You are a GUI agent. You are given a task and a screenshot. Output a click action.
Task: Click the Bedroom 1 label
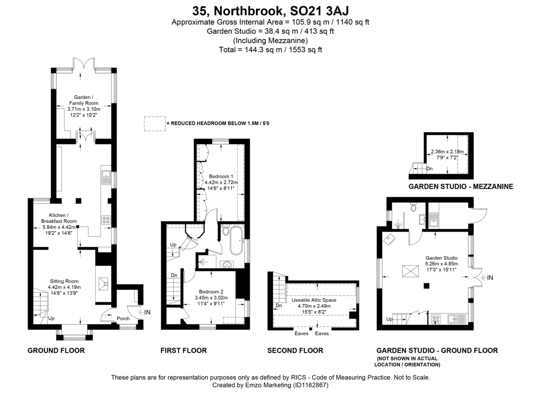click(x=221, y=176)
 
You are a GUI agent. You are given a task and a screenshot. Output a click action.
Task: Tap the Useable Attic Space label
click(x=314, y=300)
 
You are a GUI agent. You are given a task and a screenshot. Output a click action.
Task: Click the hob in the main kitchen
click(x=107, y=220)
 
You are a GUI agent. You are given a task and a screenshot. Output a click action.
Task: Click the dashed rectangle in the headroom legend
click(x=154, y=124)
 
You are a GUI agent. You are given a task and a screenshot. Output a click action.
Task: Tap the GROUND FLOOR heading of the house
click(x=56, y=350)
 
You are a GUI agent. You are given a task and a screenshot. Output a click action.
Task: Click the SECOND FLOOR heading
click(x=295, y=350)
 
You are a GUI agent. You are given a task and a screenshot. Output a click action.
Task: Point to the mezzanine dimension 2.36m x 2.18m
click(x=447, y=151)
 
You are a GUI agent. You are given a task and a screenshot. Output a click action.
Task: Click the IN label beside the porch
click(x=147, y=312)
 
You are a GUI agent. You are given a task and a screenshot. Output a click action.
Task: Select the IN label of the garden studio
click(x=490, y=278)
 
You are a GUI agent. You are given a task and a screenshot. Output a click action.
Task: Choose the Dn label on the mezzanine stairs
click(x=430, y=169)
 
